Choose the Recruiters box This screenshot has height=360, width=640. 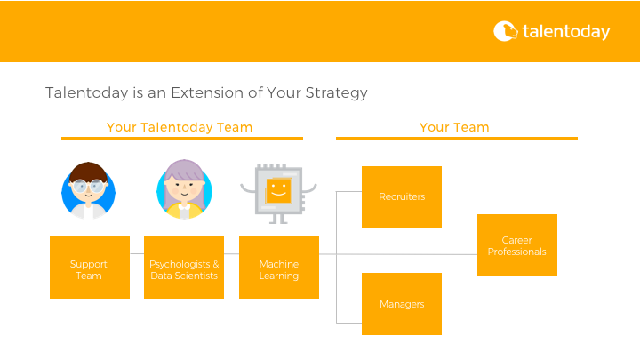tap(402, 197)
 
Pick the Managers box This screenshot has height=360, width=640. tap(402, 304)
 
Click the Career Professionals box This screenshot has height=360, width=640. tap(517, 245)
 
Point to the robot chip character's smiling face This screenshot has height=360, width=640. tap(279, 189)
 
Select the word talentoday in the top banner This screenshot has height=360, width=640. tap(566, 32)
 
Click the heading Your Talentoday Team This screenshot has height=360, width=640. tap(180, 127)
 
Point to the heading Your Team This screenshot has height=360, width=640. tap(454, 127)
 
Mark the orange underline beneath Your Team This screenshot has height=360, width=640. tap(456, 139)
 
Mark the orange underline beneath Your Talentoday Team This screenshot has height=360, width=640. tap(181, 139)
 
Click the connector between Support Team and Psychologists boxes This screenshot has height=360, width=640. tap(137, 254)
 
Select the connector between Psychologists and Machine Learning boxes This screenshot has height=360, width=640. tap(231, 254)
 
